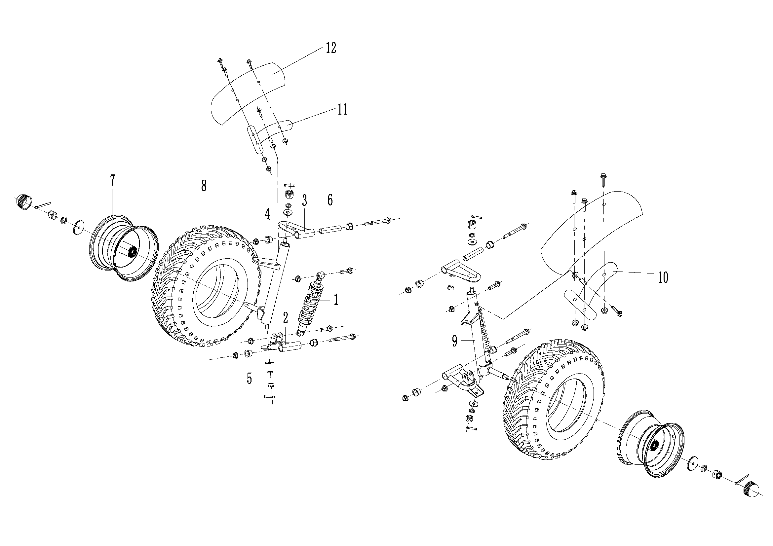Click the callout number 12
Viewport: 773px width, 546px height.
[330, 48]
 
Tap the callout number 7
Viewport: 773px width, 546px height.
[112, 181]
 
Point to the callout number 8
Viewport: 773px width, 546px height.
[203, 185]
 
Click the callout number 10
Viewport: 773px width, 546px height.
[663, 278]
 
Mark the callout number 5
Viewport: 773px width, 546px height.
[249, 379]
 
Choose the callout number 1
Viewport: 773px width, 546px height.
[335, 299]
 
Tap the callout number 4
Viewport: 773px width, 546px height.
[267, 214]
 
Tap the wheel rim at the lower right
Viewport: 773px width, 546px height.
[650, 448]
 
